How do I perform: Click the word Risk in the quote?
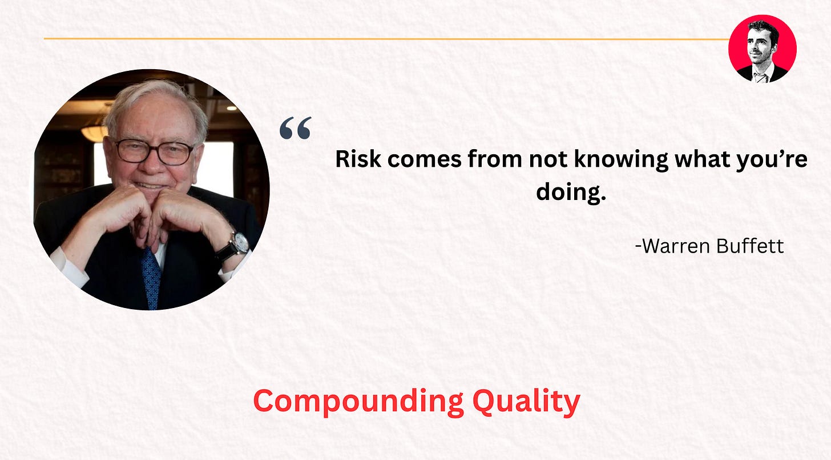(358, 159)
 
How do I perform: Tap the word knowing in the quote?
(621, 160)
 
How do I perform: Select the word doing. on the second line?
(571, 193)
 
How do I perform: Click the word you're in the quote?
(772, 160)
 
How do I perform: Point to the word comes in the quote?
(425, 160)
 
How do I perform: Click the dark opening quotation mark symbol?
(295, 128)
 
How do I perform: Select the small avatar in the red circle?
(763, 49)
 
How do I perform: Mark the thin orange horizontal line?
(386, 39)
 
